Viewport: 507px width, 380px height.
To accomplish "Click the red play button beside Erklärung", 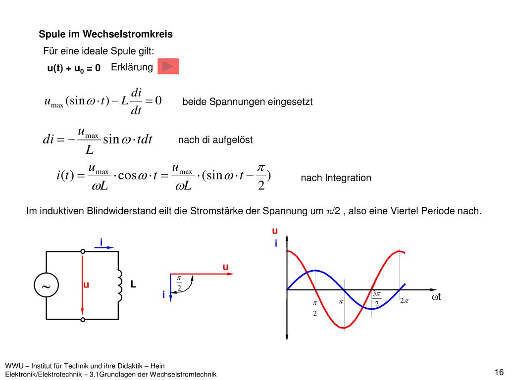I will (x=168, y=66).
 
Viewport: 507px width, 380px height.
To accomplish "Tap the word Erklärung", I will (x=132, y=67).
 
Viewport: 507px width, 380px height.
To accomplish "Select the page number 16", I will (x=499, y=372).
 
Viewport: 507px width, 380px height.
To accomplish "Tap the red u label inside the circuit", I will (x=86, y=285).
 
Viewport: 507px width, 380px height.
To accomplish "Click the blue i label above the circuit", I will (x=101, y=242).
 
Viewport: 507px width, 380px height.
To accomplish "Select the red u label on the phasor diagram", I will (x=225, y=267).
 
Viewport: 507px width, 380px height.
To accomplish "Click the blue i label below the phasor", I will (x=163, y=295).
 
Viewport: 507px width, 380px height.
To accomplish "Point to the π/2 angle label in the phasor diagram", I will (x=179, y=284).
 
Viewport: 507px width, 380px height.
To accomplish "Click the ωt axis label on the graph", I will (x=436, y=297).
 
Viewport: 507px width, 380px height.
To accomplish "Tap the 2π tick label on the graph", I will (x=404, y=301).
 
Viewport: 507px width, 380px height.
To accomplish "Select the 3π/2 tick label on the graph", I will (x=376, y=299).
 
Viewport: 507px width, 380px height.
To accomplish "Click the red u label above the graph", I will (x=275, y=231).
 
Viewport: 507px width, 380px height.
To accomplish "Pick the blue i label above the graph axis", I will (x=276, y=243).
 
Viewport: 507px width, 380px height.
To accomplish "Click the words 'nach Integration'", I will (x=336, y=178).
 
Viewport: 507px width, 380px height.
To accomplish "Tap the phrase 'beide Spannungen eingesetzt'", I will (x=248, y=102).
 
